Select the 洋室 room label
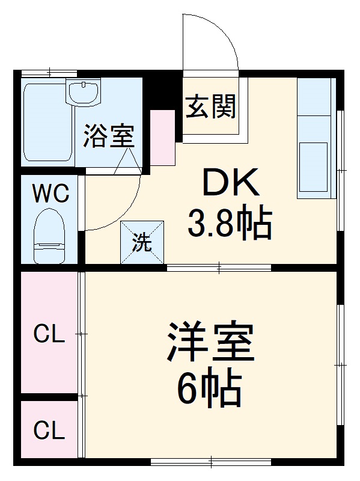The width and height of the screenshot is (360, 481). tap(211, 342)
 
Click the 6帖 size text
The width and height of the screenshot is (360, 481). tap(209, 389)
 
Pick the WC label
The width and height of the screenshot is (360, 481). tap(50, 194)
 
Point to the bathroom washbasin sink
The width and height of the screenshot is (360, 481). tap(84, 93)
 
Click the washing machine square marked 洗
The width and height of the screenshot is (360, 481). tap(142, 242)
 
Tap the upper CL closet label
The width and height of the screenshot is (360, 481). tap(49, 334)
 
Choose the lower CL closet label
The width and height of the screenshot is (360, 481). tap(49, 430)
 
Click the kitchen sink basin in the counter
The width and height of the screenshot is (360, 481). tap(313, 160)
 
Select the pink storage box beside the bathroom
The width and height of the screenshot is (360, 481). tap(162, 138)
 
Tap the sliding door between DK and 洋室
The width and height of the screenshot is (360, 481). tap(219, 267)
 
